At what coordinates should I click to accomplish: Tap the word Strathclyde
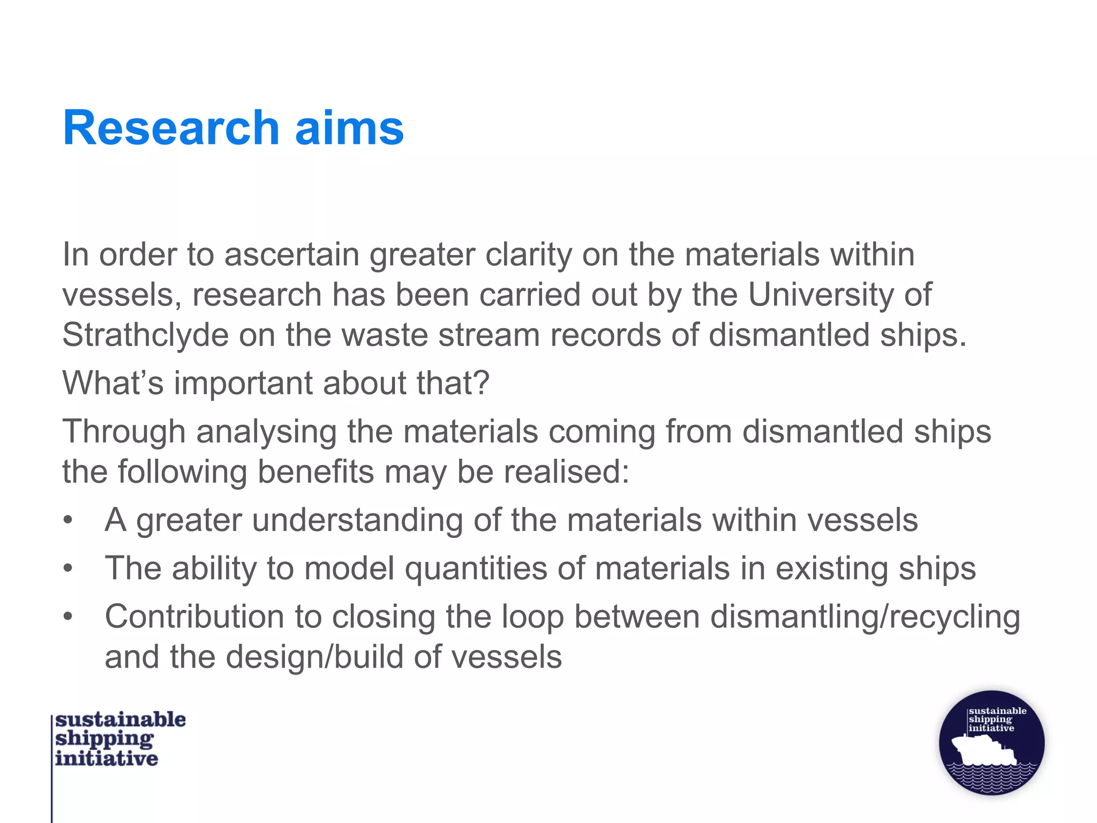pos(145,335)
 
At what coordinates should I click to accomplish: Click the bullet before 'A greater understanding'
pos(67,520)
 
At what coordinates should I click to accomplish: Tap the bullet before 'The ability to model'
pos(67,568)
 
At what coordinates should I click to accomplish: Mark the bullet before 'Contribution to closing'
pos(67,616)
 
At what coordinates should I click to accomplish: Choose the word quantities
pos(476,568)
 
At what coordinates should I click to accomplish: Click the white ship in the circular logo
pos(982,750)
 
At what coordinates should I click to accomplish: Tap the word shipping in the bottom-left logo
pos(104,739)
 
